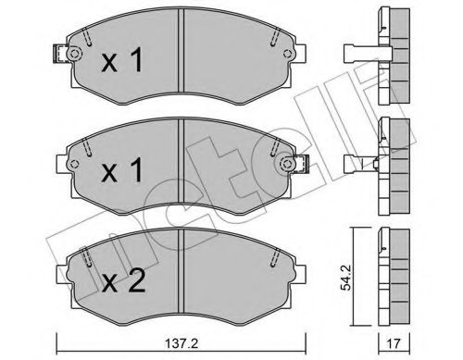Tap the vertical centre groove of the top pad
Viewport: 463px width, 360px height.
[181, 56]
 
